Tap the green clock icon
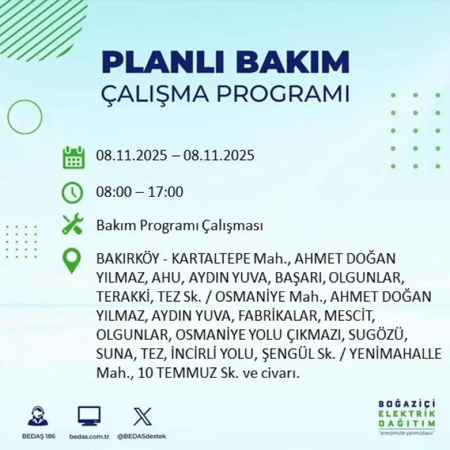(x=72, y=192)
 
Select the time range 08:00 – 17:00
(x=140, y=192)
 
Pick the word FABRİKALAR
(x=277, y=316)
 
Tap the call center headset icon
(x=38, y=416)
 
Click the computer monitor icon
(x=89, y=416)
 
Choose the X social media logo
(x=142, y=416)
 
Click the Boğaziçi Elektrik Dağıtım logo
(x=406, y=420)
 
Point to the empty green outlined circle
(x=25, y=117)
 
